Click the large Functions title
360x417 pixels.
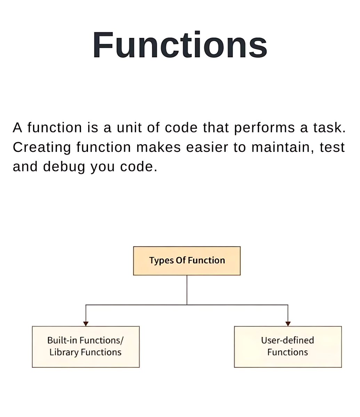point(180,46)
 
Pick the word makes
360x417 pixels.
point(158,147)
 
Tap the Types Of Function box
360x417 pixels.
point(187,261)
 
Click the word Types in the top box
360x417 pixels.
point(161,261)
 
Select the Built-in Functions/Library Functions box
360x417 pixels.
point(86,346)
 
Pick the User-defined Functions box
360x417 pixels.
point(288,346)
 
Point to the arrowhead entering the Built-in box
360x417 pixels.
point(86,324)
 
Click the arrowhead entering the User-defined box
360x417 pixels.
point(288,324)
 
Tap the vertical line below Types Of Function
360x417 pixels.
point(187,290)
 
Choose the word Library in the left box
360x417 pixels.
point(64,352)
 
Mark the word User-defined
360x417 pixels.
point(288,340)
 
